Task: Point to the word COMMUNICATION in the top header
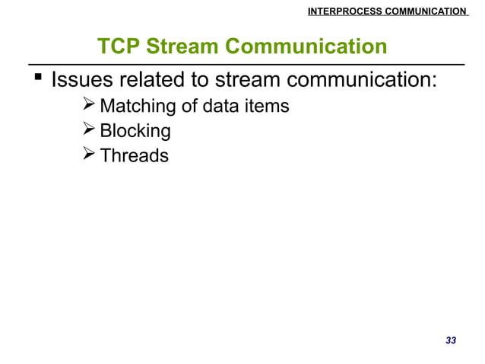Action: tap(425, 11)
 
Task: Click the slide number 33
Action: tap(450, 340)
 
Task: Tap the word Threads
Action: tap(134, 157)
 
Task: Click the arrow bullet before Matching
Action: tap(88, 105)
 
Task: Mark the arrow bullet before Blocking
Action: tap(88, 131)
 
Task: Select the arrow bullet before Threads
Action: tap(88, 156)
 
